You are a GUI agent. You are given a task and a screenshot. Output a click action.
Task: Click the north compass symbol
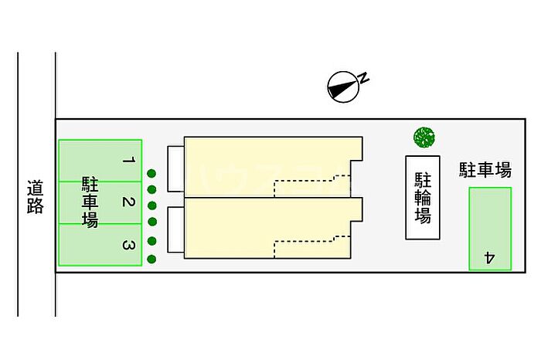(343, 87)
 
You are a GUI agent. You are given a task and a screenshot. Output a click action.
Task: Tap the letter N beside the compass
(364, 76)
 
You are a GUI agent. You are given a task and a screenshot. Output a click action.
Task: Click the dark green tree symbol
(424, 138)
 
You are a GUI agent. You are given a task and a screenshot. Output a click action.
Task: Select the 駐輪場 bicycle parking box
(423, 197)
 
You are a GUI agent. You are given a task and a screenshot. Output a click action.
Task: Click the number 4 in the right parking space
(489, 257)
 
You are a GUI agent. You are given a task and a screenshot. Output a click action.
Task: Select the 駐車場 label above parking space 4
(485, 169)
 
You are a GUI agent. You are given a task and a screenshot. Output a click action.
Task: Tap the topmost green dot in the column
(152, 173)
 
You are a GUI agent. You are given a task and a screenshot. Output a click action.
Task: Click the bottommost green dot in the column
(152, 259)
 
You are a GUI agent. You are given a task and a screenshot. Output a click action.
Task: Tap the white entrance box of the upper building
(175, 168)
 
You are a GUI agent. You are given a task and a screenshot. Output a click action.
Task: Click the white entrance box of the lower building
(175, 230)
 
